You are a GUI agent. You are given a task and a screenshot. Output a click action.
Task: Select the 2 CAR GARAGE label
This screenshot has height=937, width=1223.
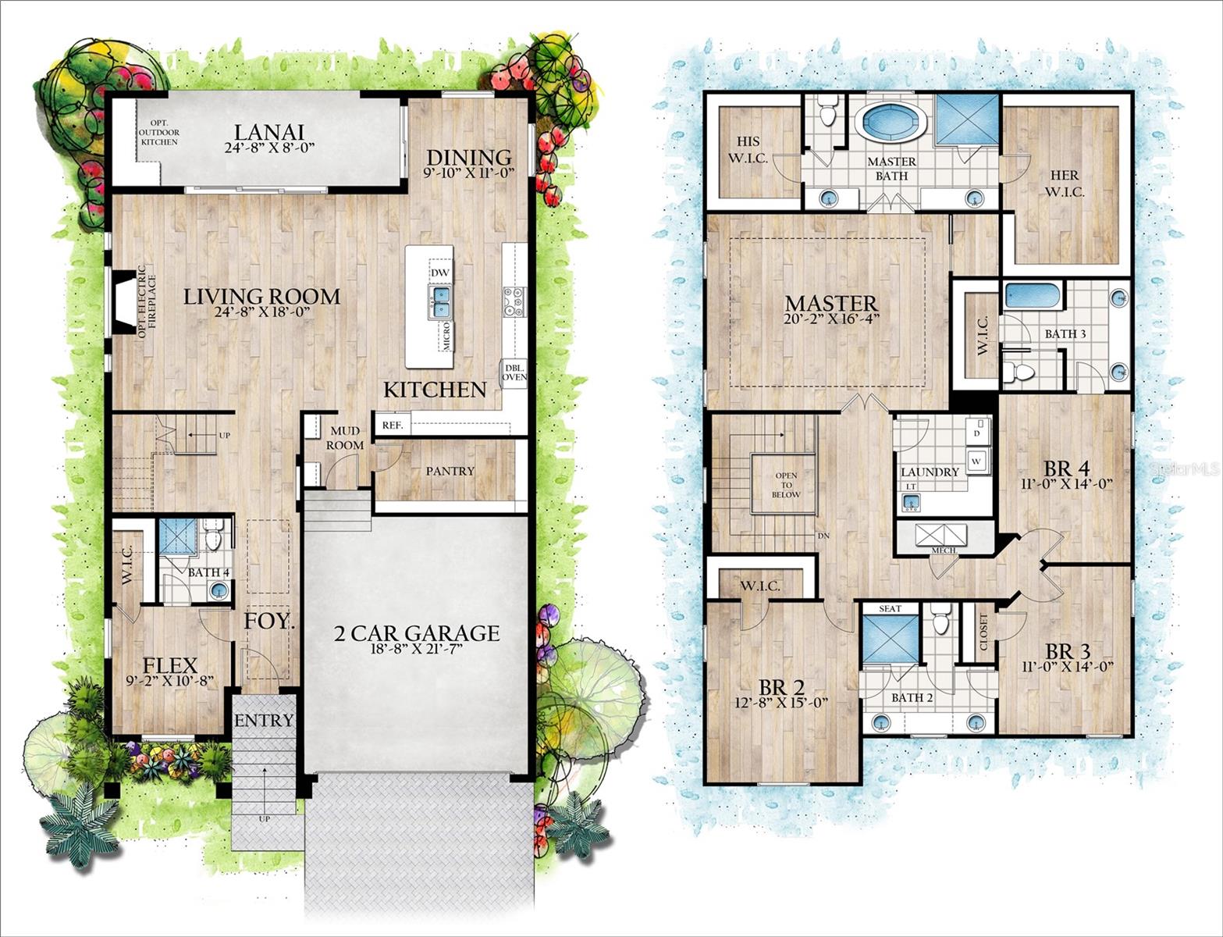[x=416, y=632]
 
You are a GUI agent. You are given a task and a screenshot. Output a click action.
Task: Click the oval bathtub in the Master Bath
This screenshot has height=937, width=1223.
[x=891, y=123]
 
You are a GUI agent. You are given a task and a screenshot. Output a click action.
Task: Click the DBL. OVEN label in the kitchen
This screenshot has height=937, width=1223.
[x=514, y=372]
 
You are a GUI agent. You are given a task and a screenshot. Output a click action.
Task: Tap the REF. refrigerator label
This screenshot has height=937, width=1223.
[x=391, y=426]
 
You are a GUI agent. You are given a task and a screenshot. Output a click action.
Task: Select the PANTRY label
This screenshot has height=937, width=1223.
[x=450, y=471]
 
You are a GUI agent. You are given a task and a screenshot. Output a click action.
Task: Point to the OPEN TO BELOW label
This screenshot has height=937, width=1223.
[x=785, y=485]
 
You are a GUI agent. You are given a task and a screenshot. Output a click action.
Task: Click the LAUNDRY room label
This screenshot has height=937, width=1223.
[x=930, y=472]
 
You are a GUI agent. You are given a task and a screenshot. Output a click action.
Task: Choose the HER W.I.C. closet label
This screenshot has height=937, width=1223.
[x=1065, y=183]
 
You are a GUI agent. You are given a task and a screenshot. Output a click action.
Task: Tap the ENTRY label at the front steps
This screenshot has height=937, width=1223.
[x=264, y=720]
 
